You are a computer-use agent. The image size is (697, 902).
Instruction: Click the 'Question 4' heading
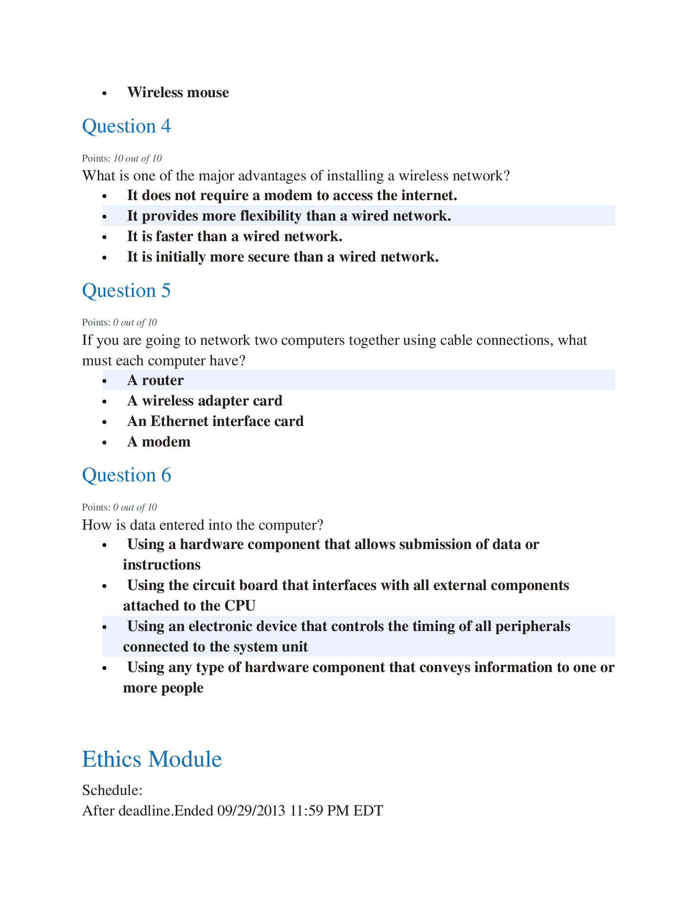pos(126,126)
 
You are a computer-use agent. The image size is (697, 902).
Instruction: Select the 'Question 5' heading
pos(126,290)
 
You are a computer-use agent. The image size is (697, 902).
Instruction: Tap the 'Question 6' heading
pos(126,475)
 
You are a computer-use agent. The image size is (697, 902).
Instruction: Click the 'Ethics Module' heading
pos(152,759)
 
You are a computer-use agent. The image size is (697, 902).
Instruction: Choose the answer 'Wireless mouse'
pos(178,93)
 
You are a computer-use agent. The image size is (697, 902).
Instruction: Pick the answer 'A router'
pos(155,380)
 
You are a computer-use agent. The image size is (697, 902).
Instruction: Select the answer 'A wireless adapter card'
pos(205,401)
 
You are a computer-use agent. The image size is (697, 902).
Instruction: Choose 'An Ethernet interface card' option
pos(215,421)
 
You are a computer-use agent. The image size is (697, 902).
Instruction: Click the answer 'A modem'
pos(159,442)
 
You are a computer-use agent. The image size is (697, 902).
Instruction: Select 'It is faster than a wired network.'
pos(235,237)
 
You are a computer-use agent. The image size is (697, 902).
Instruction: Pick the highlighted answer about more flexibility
pos(289,216)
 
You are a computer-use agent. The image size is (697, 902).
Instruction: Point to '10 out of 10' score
pos(137,159)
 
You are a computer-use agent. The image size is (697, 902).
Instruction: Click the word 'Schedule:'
pos(112,790)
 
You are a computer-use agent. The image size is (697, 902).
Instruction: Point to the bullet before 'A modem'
pos(105,443)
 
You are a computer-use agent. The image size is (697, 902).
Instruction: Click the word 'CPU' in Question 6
pos(240,606)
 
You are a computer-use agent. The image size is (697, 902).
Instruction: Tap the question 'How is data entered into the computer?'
pos(202,525)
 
